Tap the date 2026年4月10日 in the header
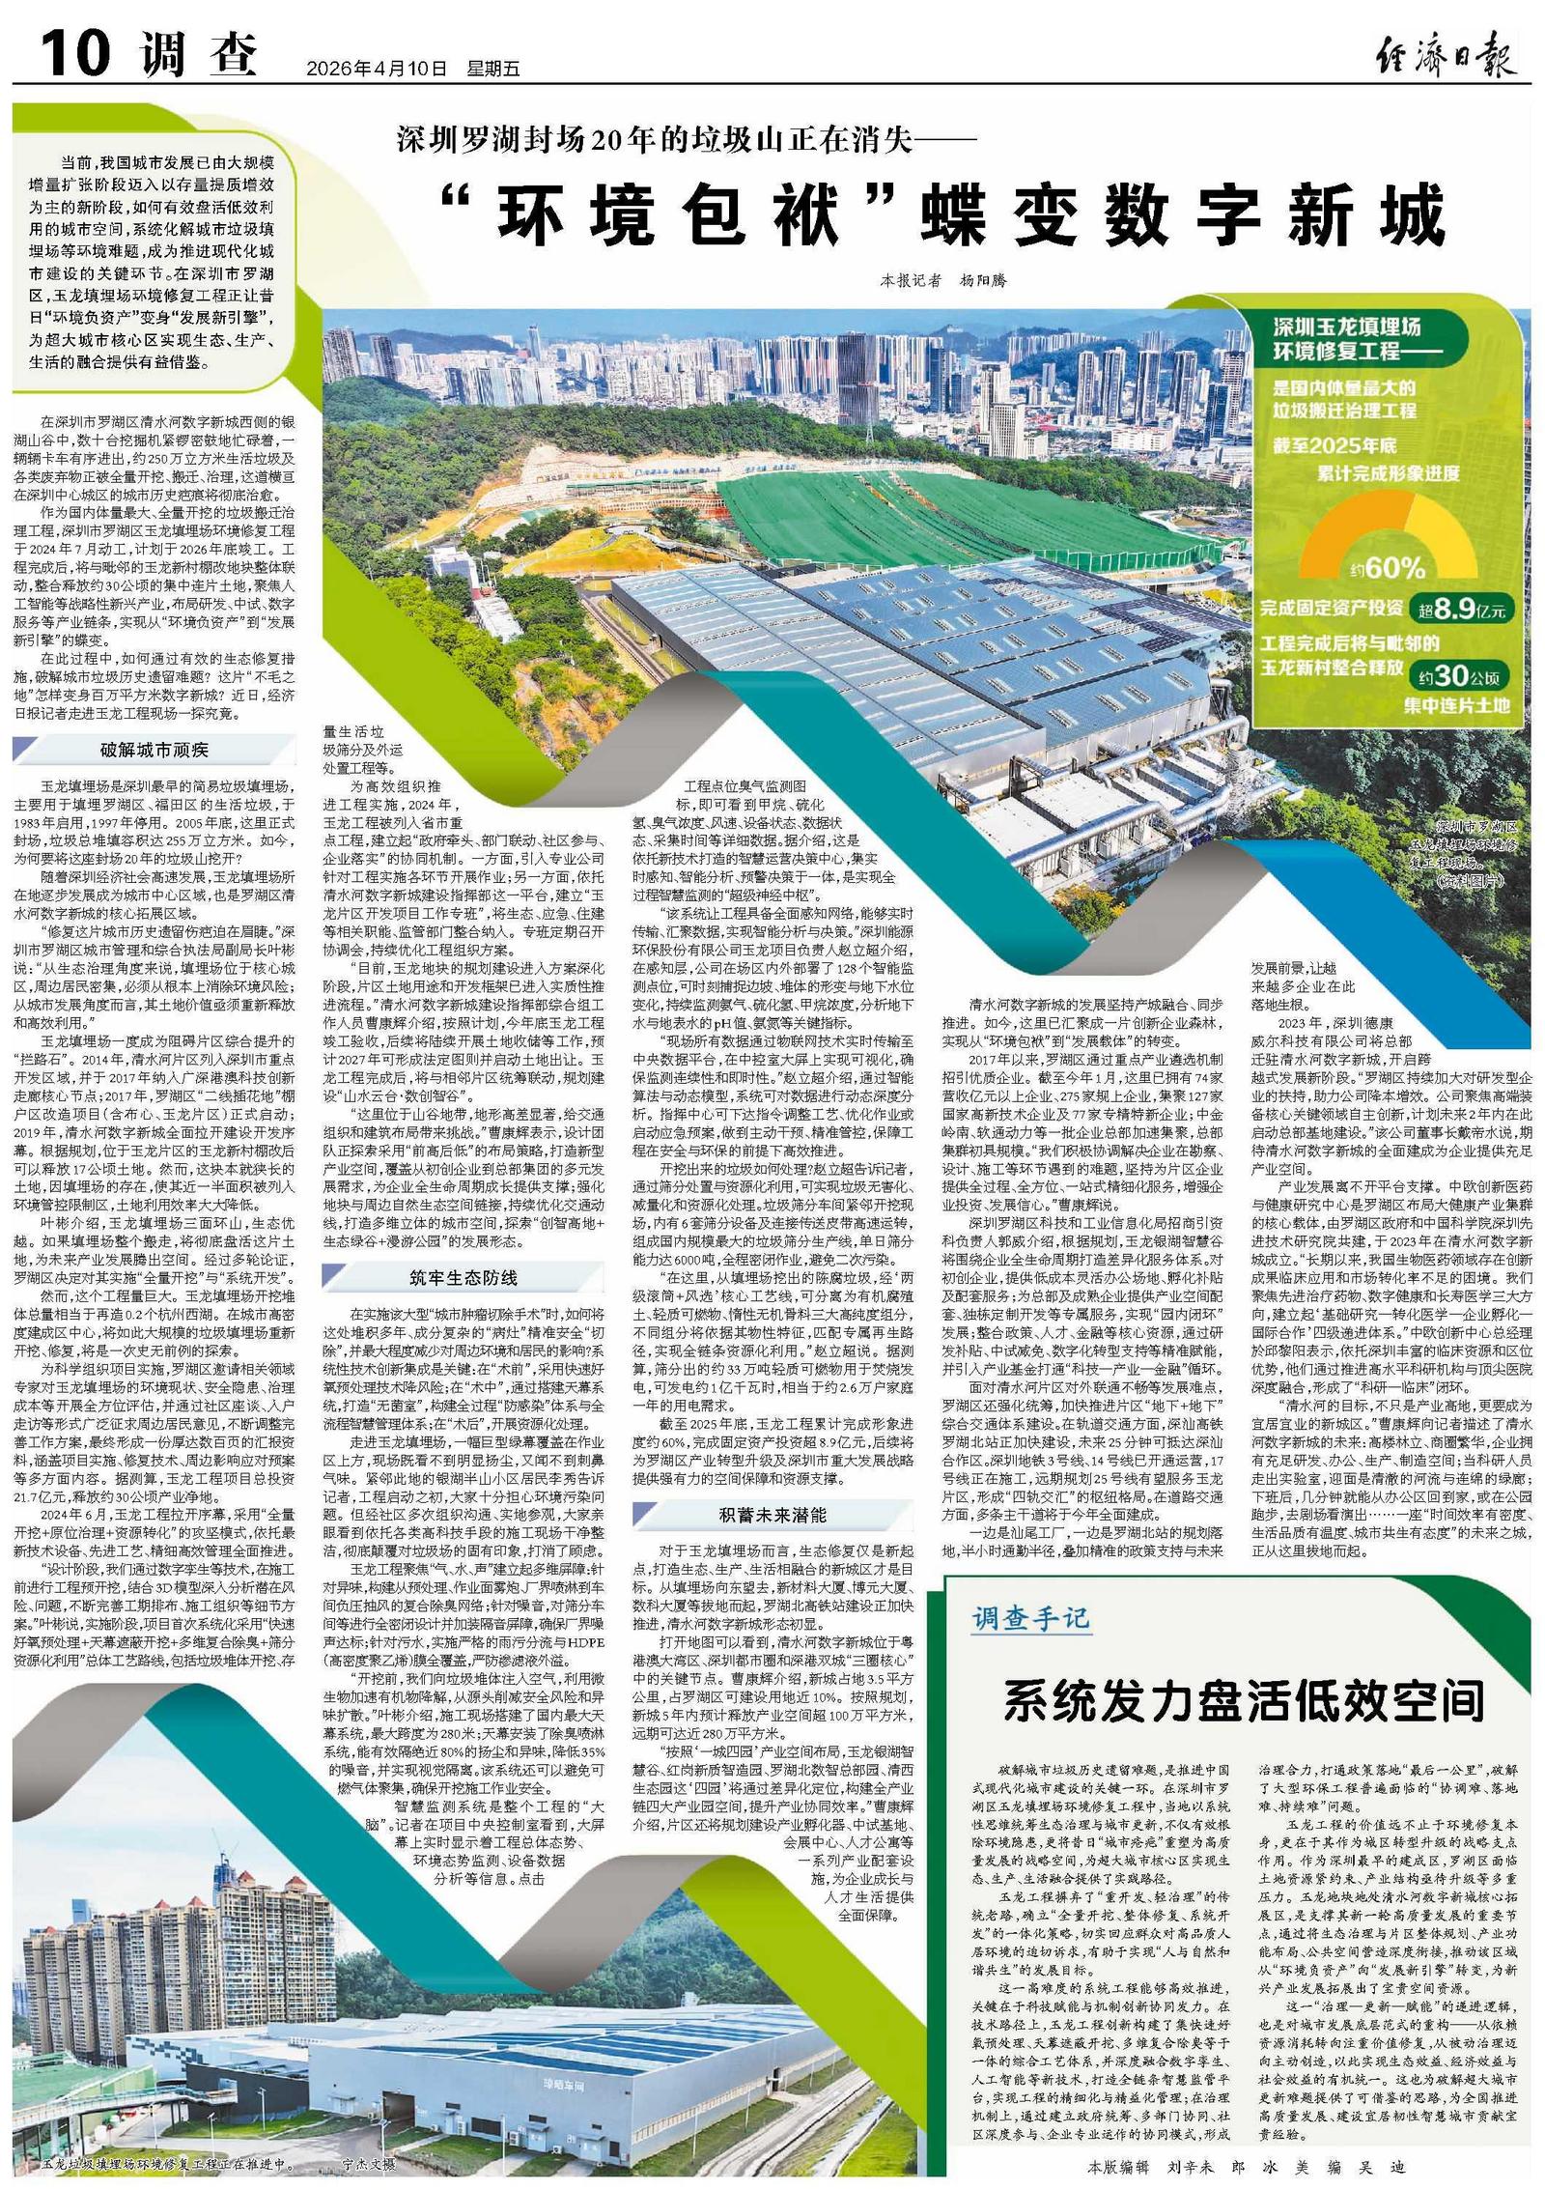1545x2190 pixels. coord(377,69)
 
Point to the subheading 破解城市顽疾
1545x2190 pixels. coord(154,751)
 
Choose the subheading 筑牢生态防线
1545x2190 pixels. coord(463,1276)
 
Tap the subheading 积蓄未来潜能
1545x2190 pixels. coord(772,1513)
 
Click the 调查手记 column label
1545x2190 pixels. coord(1030,1616)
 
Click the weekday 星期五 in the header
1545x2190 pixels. coord(493,69)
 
